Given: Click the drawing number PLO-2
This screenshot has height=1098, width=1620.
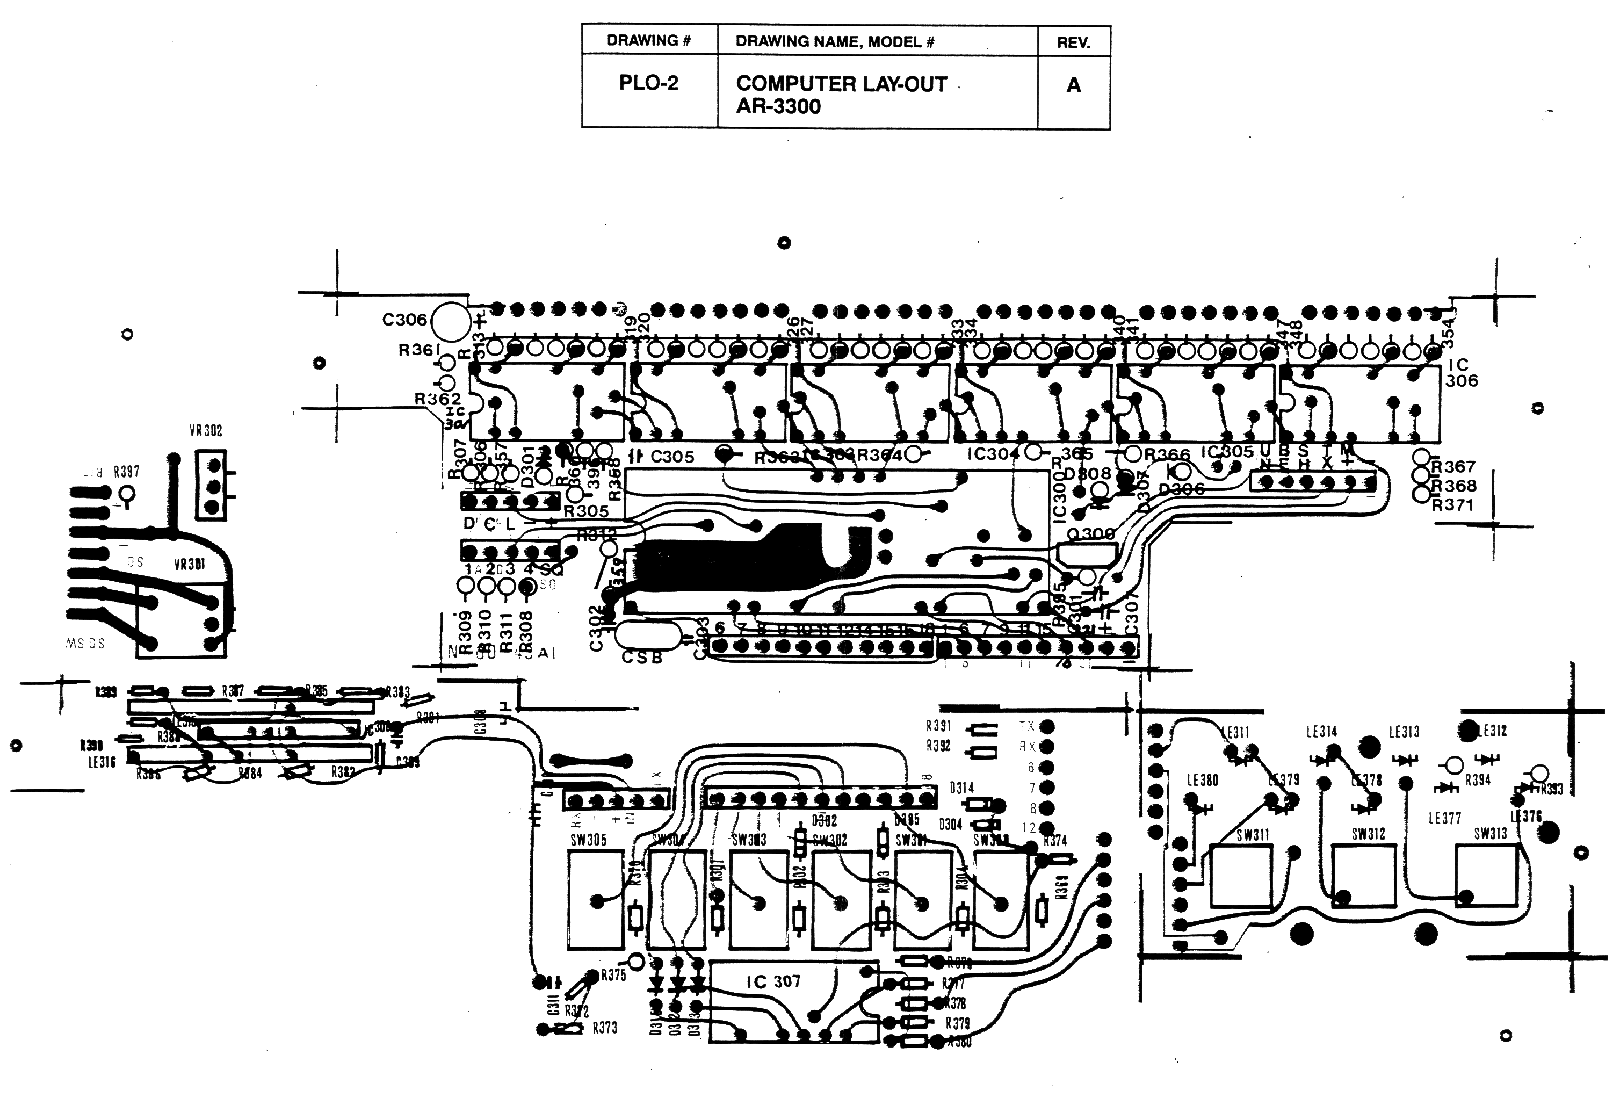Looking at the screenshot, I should pyautogui.click(x=648, y=83).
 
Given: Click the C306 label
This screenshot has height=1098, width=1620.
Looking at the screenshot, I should pyautogui.click(x=404, y=320).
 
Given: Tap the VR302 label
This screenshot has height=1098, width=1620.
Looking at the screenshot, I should pyautogui.click(x=206, y=431).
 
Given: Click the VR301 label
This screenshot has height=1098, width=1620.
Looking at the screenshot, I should pyautogui.click(x=190, y=564).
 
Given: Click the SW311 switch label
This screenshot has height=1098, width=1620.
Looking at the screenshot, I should pyautogui.click(x=1253, y=834).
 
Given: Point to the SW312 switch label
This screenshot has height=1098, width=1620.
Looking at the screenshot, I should pyautogui.click(x=1369, y=834).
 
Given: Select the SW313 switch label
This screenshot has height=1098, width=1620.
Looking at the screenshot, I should pyautogui.click(x=1491, y=833).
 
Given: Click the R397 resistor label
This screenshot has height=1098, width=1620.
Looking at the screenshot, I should pyautogui.click(x=126, y=472).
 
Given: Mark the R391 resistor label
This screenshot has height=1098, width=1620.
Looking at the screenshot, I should pyautogui.click(x=938, y=726).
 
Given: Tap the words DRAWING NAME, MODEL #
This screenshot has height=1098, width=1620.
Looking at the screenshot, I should pyautogui.click(x=834, y=42).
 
